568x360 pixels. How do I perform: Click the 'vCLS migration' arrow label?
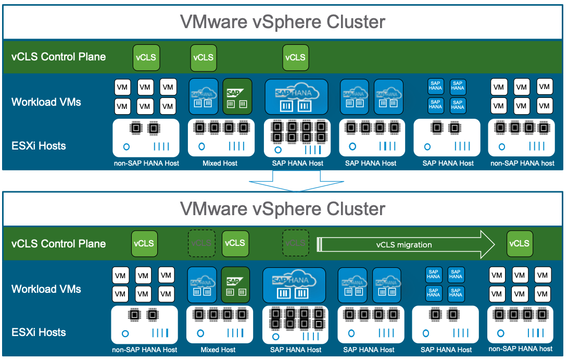[x=404, y=244]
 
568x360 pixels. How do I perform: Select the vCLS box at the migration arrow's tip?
[x=519, y=244]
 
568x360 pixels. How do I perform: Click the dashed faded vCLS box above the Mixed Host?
[x=201, y=243]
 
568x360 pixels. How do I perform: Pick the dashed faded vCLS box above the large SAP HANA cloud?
[x=295, y=243]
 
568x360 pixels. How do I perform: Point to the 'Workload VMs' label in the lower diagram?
[x=46, y=289]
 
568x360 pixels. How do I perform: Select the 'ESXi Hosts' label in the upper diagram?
[x=39, y=146]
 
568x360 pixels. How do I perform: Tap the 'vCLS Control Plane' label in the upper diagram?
[x=58, y=57]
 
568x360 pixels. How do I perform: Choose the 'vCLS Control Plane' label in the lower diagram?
[x=58, y=244]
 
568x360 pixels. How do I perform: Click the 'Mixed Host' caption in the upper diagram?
[x=220, y=164]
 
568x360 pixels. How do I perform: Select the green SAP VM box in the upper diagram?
[x=237, y=96]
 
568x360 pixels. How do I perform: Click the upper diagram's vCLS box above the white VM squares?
[x=146, y=57]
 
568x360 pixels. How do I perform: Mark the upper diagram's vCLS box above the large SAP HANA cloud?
[x=295, y=57]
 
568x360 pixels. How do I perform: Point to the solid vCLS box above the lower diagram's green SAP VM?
[x=234, y=243]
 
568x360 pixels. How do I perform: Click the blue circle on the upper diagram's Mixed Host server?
[x=201, y=147]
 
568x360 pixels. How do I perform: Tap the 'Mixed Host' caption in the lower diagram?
[x=218, y=350]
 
